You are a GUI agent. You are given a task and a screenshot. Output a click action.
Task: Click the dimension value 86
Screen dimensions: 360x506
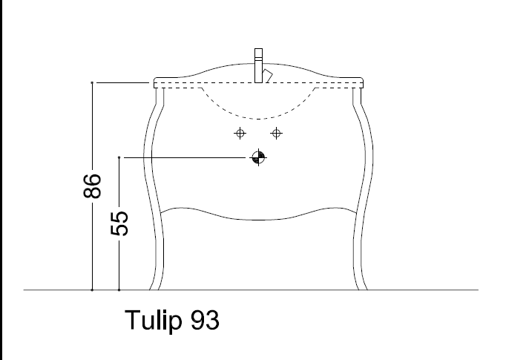(x=91, y=186)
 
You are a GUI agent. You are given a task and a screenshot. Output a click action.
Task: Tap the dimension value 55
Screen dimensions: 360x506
(x=119, y=223)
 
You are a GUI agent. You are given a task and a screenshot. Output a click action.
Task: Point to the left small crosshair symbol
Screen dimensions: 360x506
(x=239, y=134)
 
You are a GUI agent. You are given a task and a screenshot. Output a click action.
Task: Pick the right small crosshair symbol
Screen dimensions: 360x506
(x=277, y=134)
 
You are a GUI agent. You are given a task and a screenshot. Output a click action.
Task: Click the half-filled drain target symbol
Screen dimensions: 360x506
(x=257, y=157)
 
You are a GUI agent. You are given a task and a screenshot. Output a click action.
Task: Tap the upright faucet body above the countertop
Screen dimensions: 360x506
(x=259, y=63)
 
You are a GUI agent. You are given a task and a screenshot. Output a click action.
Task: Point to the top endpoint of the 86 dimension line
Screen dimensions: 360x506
(x=92, y=82)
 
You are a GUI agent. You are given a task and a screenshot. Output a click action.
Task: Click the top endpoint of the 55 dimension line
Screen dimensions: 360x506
(x=119, y=157)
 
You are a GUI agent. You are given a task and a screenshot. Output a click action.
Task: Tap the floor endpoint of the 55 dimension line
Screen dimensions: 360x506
(x=119, y=289)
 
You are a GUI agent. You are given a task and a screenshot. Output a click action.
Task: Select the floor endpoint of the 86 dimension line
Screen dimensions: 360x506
(x=92, y=289)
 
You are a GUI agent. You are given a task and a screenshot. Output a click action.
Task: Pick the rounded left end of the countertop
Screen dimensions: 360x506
(x=154, y=82)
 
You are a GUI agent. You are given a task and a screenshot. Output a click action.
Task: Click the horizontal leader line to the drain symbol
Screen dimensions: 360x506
(x=185, y=157)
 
